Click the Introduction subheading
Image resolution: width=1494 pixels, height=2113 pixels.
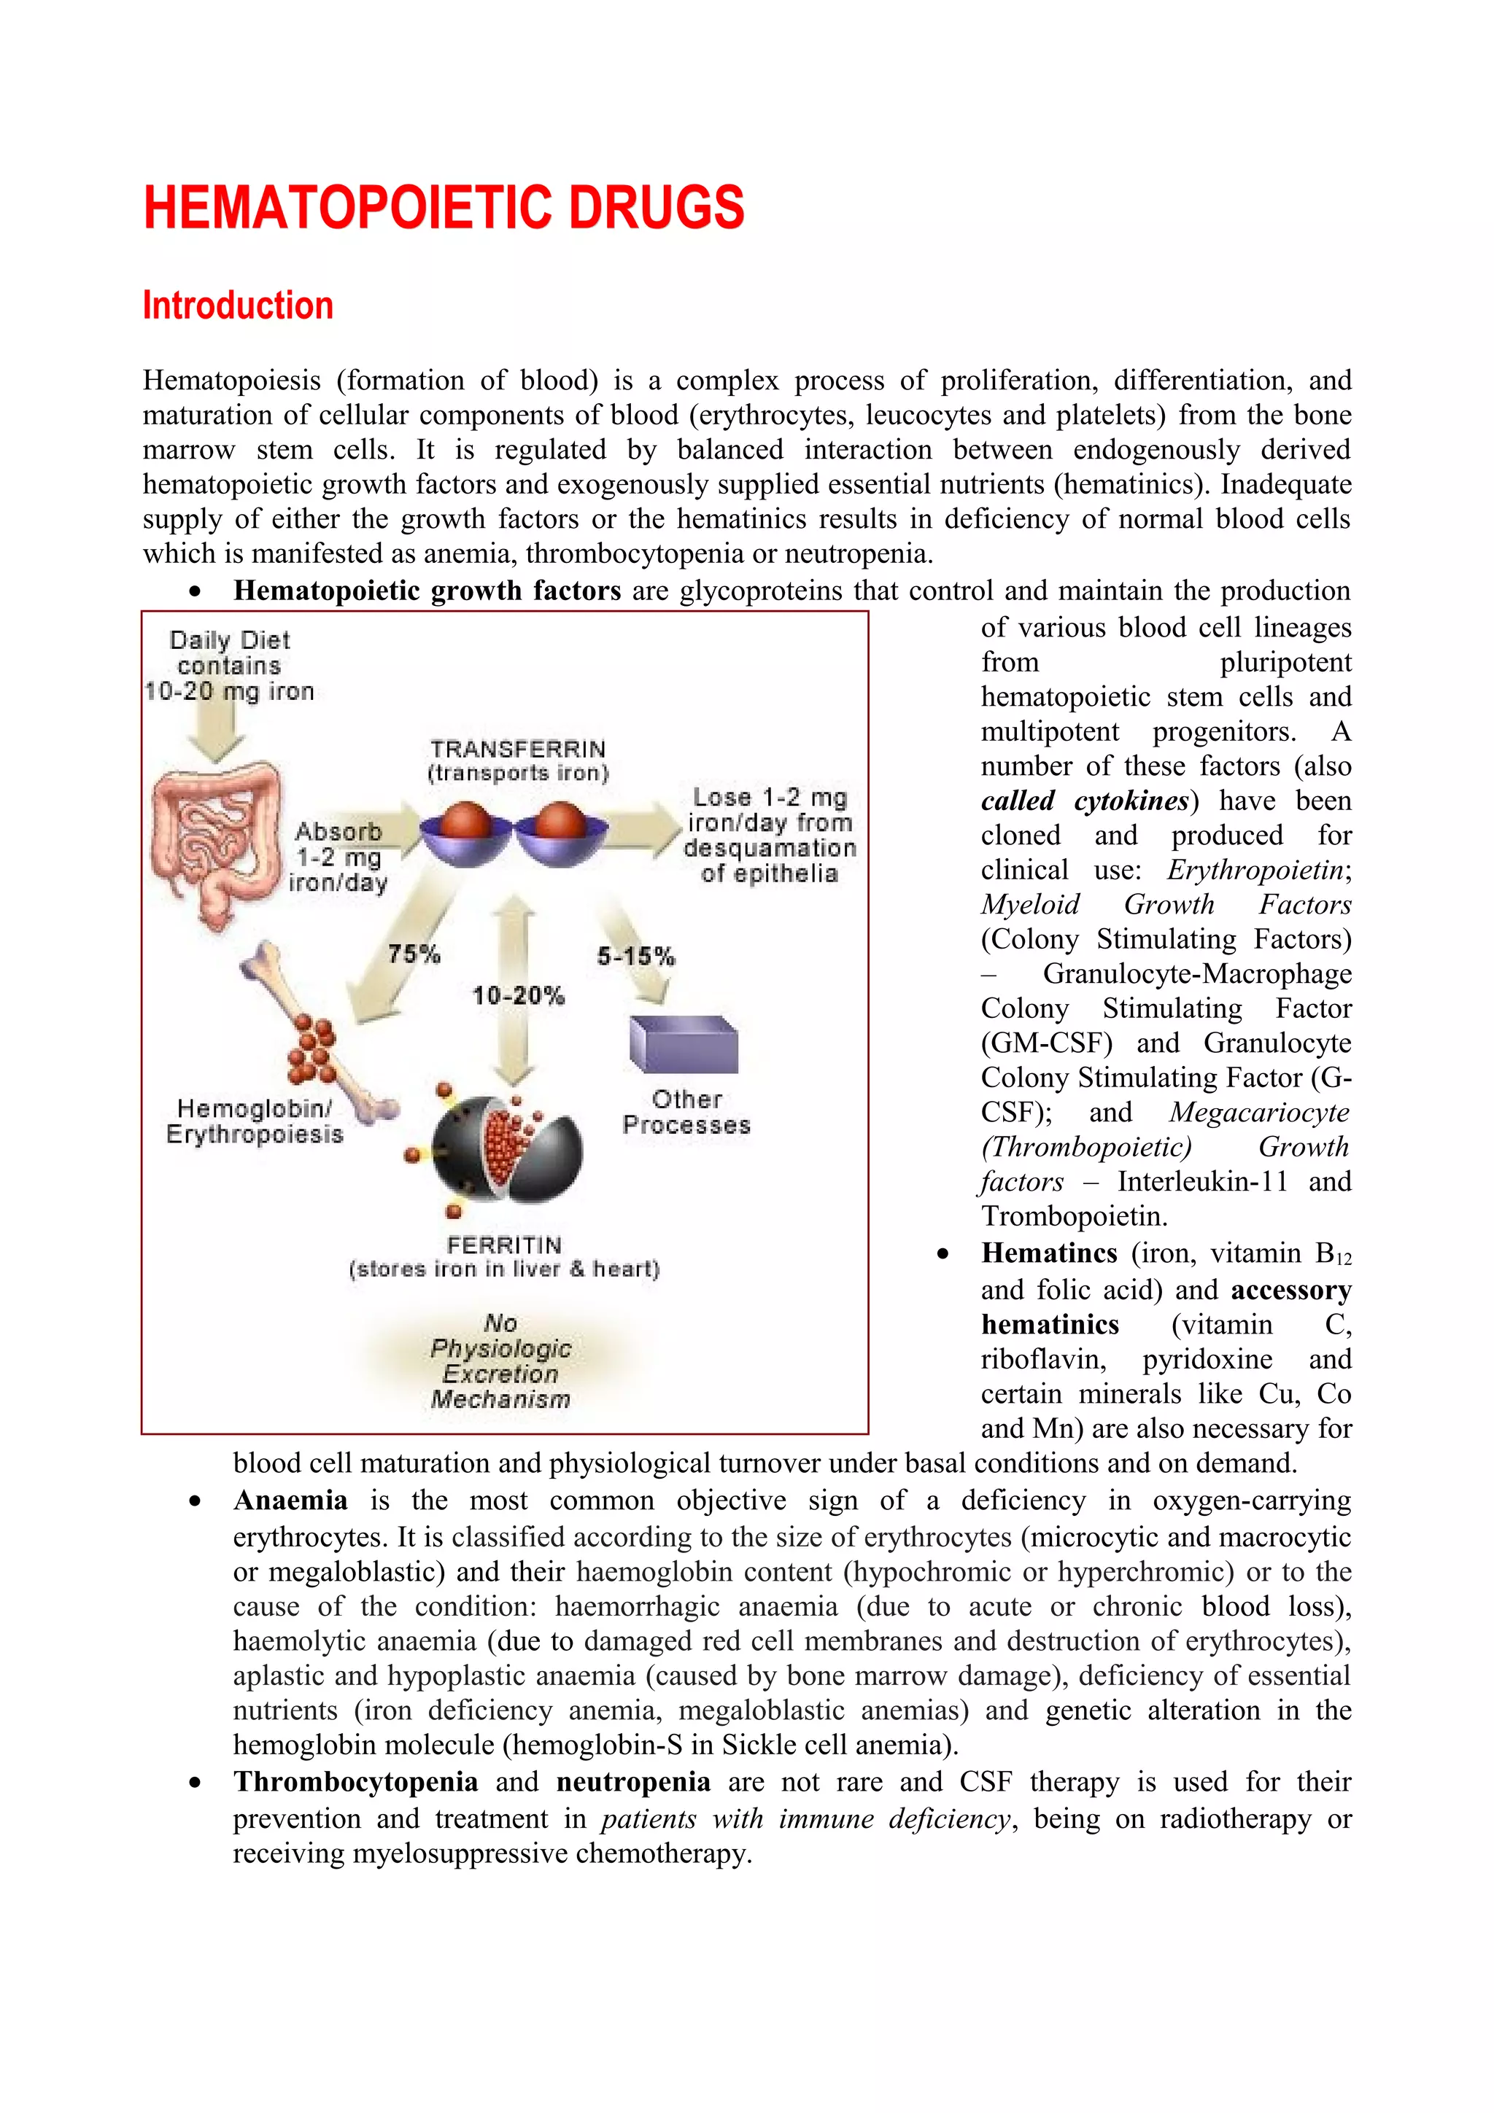238,306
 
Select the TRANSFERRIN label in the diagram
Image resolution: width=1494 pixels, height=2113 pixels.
518,749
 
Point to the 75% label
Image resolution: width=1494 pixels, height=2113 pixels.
414,954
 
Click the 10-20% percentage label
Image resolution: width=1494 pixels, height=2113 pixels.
518,995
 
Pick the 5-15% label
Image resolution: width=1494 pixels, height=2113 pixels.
636,956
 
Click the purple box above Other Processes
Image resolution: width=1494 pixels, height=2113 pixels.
683,1045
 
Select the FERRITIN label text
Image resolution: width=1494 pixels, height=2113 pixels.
504,1245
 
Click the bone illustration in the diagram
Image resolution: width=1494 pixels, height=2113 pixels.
317,1035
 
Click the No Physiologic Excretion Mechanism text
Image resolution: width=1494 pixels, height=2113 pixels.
500,1361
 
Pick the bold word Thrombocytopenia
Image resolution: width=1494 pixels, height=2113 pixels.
355,1783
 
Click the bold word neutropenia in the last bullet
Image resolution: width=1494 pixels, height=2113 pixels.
633,1783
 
